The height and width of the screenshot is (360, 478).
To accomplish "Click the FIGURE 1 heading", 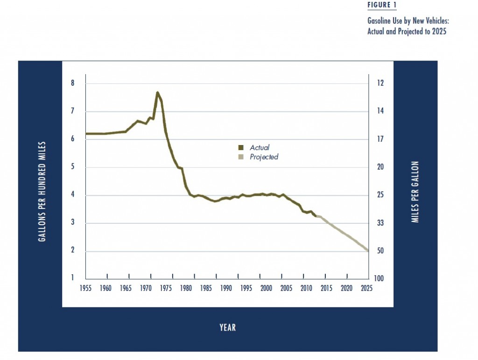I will click(x=381, y=5).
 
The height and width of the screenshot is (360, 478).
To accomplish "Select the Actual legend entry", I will click(x=260, y=147).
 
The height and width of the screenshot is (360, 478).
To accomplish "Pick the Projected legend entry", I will click(x=264, y=157).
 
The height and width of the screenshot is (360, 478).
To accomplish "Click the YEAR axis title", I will click(x=228, y=328).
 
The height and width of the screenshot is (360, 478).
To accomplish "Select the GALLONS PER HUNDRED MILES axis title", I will click(x=42, y=191).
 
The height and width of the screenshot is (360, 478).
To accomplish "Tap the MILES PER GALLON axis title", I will click(x=415, y=192).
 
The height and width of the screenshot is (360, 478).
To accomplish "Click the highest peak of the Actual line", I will click(x=157, y=92).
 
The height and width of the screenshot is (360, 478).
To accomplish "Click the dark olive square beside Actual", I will click(x=240, y=147).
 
